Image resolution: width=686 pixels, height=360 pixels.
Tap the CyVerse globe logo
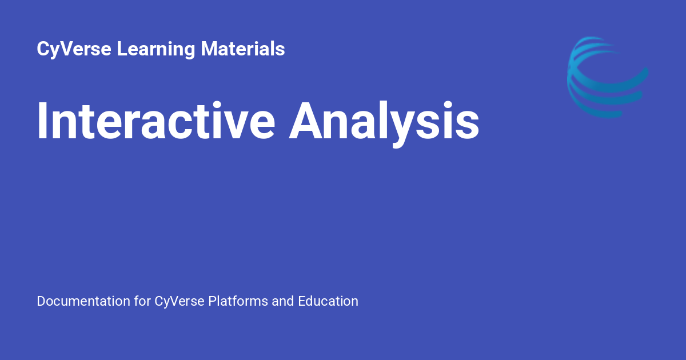tap(607, 77)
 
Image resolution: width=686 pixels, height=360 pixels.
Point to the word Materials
tap(243, 49)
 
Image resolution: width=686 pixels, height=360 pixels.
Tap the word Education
tap(328, 301)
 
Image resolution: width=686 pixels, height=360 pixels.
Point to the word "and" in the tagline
tap(283, 301)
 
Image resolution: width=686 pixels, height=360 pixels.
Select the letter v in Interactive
tap(238, 124)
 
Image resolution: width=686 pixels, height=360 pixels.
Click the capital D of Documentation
tap(41, 301)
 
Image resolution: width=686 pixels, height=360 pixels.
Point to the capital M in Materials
tap(210, 49)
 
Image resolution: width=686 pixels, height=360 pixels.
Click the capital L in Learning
tap(121, 49)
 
